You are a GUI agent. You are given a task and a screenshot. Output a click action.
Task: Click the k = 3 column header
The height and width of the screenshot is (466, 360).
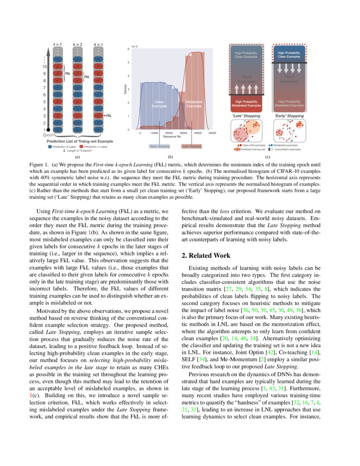point(57,44)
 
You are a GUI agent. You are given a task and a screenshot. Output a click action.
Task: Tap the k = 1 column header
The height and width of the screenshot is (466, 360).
point(98,44)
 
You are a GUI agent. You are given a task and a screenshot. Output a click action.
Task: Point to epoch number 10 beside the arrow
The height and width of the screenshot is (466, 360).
point(44,67)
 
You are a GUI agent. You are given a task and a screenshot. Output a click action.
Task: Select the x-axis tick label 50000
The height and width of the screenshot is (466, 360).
point(213,133)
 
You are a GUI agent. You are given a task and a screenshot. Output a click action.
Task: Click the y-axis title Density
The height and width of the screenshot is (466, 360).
point(125,89)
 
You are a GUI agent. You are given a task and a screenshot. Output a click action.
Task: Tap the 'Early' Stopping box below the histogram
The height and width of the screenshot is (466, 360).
point(159,146)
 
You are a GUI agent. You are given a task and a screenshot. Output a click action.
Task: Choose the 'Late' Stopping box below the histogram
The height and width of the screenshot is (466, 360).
point(191,146)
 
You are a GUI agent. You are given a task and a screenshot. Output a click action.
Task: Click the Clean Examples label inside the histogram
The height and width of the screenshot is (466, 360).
point(159,104)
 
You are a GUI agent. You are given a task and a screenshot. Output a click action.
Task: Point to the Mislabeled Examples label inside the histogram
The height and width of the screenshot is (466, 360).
point(194,104)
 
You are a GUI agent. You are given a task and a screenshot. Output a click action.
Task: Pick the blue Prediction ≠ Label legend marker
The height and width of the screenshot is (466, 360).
point(50,147)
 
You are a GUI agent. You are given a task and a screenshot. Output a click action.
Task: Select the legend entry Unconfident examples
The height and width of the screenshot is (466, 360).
point(287,149)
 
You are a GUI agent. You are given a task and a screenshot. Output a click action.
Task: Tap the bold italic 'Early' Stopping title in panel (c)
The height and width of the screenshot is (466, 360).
point(289,116)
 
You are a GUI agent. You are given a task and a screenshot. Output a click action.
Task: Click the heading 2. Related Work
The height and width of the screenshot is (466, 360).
point(206,255)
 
